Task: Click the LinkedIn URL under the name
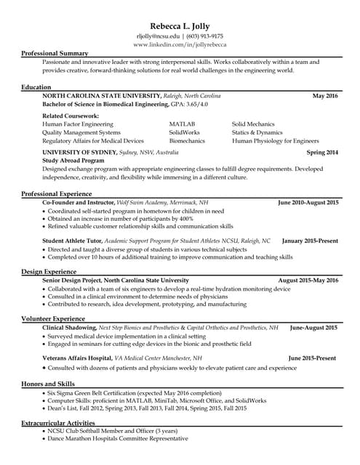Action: coord(180,44)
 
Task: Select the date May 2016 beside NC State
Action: coord(325,96)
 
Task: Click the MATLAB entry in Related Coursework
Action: coord(182,124)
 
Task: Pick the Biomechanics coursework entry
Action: coord(187,141)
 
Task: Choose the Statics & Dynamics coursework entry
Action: coord(257,132)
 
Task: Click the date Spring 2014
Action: coord(322,153)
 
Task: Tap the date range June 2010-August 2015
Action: coord(308,202)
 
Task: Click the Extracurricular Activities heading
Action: coord(57,422)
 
